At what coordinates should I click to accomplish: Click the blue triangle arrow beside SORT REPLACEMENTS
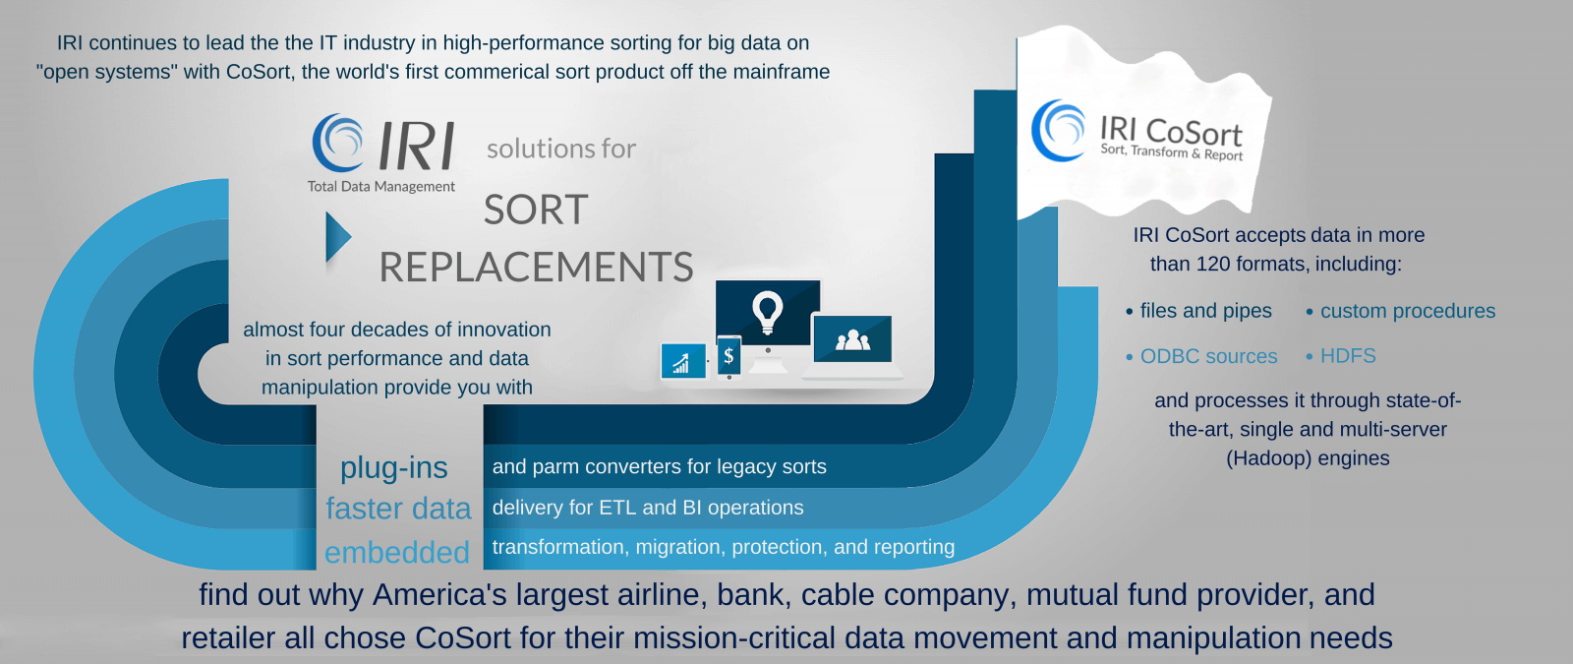(x=337, y=237)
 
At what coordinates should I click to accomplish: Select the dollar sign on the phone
(x=728, y=355)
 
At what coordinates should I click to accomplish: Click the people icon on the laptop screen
(x=852, y=340)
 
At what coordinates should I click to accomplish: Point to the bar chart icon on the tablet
(x=680, y=363)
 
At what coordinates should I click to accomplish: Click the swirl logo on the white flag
(x=1058, y=131)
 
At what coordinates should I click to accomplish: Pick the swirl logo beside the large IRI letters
(x=338, y=144)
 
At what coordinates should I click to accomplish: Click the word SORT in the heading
(x=536, y=210)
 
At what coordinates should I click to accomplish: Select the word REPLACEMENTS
(x=536, y=267)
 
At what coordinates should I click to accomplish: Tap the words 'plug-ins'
(x=394, y=468)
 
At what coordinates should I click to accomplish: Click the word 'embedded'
(x=397, y=552)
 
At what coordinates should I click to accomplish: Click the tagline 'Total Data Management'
(x=381, y=187)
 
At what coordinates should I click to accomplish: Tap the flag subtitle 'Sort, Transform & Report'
(x=1171, y=151)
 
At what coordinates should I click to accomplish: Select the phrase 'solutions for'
(x=561, y=149)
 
